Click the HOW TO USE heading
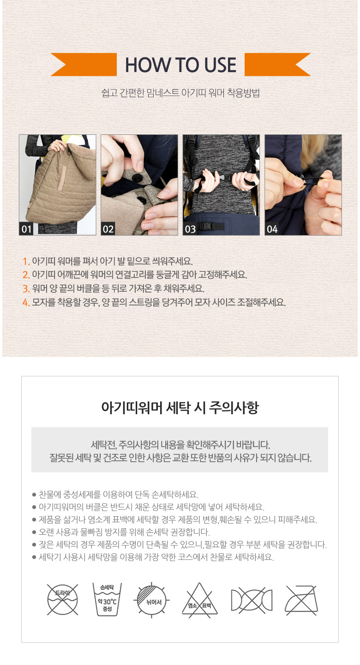click(x=180, y=65)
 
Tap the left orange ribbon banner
click(x=84, y=65)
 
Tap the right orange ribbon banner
click(x=277, y=65)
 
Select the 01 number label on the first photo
click(x=26, y=229)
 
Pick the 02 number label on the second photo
click(x=108, y=229)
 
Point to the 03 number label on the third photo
click(x=190, y=229)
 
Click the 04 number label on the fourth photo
click(x=272, y=229)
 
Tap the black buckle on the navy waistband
click(x=211, y=226)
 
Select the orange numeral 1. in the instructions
click(x=26, y=261)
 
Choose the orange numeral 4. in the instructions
click(x=26, y=302)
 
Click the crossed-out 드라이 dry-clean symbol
click(x=63, y=599)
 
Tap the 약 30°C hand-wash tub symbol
click(x=107, y=600)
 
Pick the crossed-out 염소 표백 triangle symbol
click(x=199, y=600)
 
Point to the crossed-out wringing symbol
click(x=252, y=600)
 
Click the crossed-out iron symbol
click(x=301, y=600)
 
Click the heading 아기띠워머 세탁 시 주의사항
click(x=180, y=407)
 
